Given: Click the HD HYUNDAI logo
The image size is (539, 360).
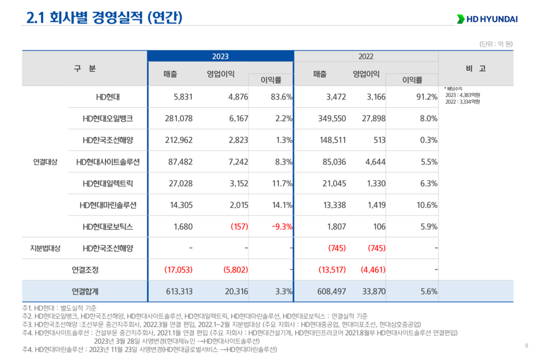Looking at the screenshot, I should pyautogui.click(x=487, y=19).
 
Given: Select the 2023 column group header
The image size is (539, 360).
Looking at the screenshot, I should pyautogui.click(x=220, y=57).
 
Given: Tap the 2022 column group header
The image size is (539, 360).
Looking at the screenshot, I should pyautogui.click(x=366, y=57).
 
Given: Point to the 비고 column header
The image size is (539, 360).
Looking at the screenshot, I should pyautogui.click(x=476, y=68).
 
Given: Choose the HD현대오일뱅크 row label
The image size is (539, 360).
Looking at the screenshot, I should pyautogui.click(x=108, y=119).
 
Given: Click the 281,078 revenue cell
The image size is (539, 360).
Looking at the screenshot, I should pyautogui.click(x=178, y=119).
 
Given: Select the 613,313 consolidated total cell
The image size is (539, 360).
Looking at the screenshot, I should pyautogui.click(x=178, y=291).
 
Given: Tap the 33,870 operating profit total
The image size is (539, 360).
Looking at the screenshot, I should pyautogui.click(x=373, y=291).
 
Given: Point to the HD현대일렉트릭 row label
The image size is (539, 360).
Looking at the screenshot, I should pyautogui.click(x=108, y=184).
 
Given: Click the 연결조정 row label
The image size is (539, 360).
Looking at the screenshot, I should pyautogui.click(x=85, y=270).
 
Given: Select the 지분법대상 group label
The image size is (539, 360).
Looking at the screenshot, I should pyautogui.click(x=44, y=248).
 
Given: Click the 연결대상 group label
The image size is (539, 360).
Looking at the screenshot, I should pyautogui.click(x=44, y=162).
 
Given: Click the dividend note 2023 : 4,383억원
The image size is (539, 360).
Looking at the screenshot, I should pyautogui.click(x=462, y=95).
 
